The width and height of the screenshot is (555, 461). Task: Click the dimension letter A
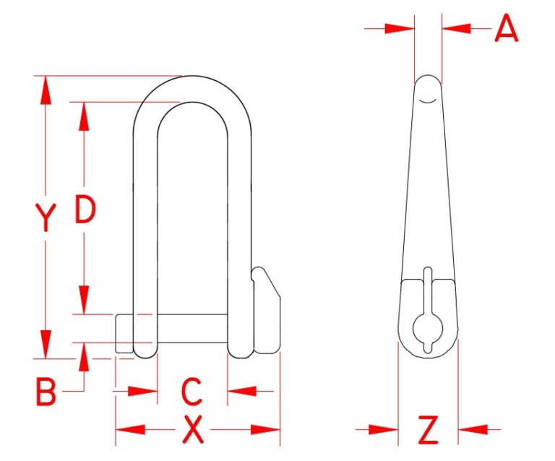[x=507, y=30]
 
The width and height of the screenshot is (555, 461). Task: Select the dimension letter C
[x=192, y=392]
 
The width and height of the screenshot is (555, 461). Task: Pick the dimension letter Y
[x=46, y=217]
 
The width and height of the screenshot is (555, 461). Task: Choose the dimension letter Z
[x=429, y=431]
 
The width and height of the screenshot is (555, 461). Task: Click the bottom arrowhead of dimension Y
[x=46, y=345]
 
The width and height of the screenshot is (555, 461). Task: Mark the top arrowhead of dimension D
[x=85, y=114]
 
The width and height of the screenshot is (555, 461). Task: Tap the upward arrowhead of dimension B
[x=85, y=354]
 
